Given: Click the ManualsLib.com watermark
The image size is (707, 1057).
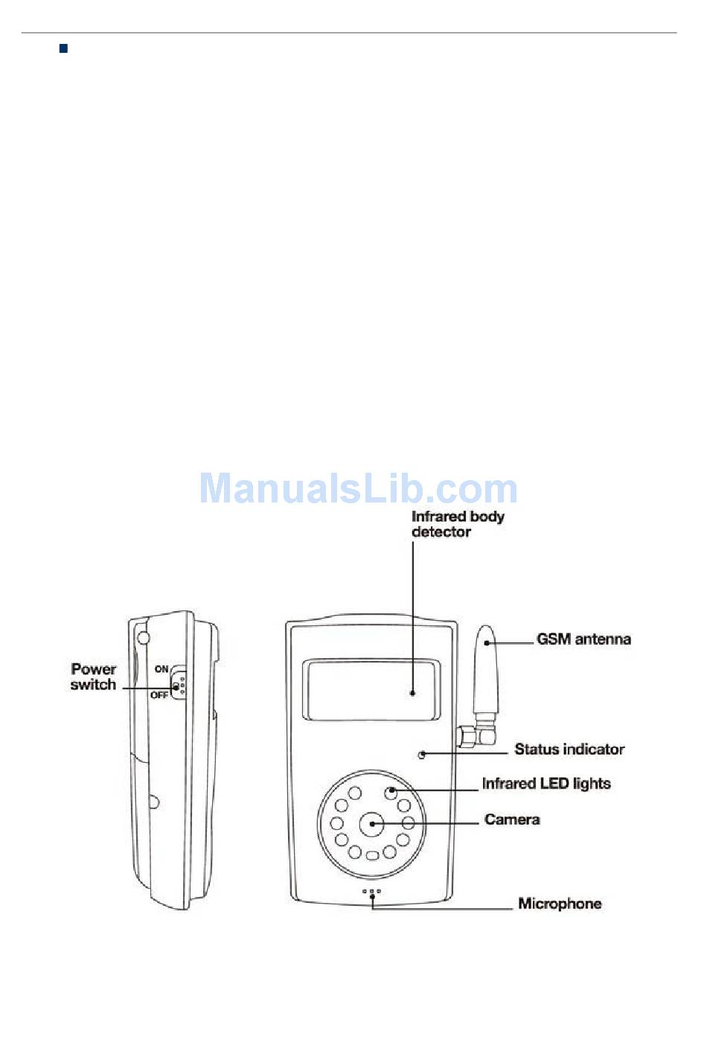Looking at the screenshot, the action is [358, 489].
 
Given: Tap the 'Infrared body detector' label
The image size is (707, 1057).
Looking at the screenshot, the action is [457, 524].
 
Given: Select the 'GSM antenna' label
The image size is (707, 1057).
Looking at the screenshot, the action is [583, 639].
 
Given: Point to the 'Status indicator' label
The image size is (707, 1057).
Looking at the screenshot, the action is [569, 750].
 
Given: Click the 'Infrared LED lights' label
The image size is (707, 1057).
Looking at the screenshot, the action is [546, 784].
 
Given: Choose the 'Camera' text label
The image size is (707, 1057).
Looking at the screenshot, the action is [512, 820].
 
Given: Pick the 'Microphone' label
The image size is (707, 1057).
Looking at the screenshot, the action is [560, 904].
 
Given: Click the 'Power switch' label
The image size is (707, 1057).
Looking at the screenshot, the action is [93, 677].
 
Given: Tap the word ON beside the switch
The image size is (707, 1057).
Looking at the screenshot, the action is [161, 669].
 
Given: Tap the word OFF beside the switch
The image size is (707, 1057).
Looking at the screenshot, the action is [159, 695].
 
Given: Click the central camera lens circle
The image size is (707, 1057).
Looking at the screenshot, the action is [371, 823].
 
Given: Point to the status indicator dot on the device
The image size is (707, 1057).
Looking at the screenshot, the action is [421, 755].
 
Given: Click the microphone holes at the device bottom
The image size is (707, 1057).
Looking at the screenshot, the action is [371, 891].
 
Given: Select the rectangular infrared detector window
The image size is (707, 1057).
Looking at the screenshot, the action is [371, 690].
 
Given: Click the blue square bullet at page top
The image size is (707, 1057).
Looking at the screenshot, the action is [63, 49].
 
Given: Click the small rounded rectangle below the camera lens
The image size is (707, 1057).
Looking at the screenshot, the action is [373, 856].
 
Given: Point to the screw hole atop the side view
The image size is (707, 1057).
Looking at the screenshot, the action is [143, 638].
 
